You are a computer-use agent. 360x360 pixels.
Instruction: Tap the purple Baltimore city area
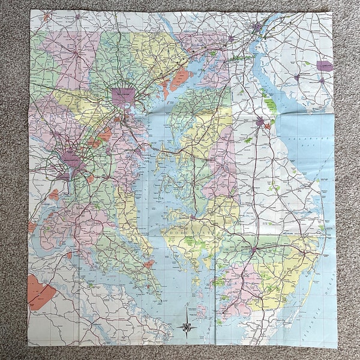[124, 96]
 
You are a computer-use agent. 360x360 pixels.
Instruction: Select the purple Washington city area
[71, 159]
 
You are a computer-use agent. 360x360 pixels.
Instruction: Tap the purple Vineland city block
[325, 65]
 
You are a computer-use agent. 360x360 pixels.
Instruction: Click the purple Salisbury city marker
[254, 249]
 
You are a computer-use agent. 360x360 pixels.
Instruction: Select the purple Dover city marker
[260, 122]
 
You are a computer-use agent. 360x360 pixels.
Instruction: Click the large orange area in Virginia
[40, 292]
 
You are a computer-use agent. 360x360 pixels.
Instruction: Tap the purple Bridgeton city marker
[296, 77]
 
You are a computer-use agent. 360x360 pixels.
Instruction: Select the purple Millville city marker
[322, 79]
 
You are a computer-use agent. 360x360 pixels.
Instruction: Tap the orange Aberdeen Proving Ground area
[179, 79]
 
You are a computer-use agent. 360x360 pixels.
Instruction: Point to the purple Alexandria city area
[65, 176]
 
